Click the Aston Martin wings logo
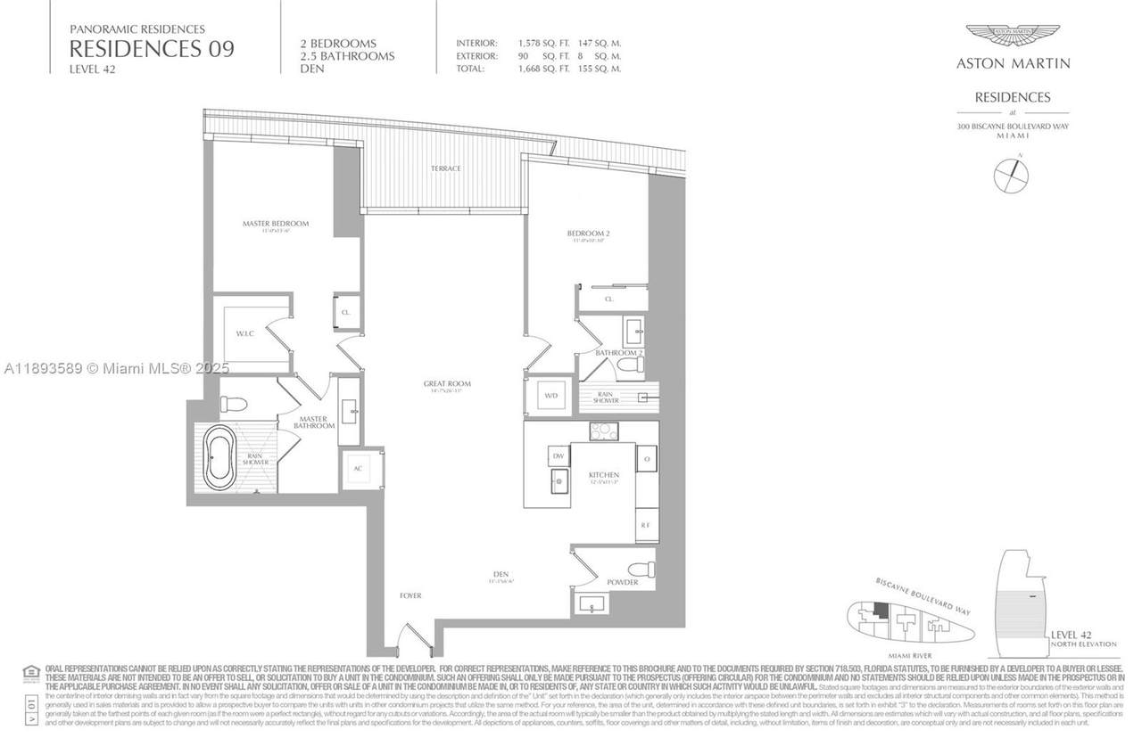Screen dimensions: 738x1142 pos(1013,36)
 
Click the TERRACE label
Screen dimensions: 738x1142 pos(446,168)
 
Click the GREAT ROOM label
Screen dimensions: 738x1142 pos(447,384)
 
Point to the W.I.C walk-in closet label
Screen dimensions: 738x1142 pos(246,334)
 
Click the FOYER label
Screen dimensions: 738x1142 pos(410,595)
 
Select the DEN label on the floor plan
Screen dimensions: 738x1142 pos(501,575)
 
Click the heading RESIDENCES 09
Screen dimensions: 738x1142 pos(152,49)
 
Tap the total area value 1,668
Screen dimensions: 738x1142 pos(534,69)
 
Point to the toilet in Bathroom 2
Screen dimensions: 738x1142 pos(633,365)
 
